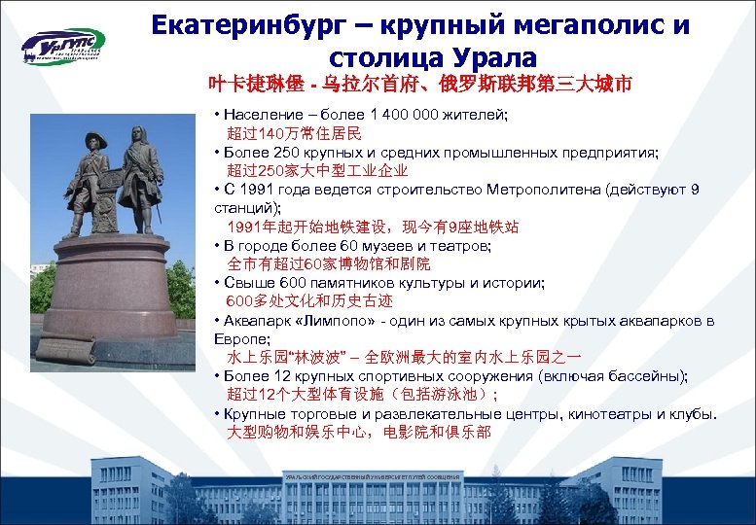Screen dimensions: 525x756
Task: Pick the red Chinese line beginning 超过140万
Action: click(294, 133)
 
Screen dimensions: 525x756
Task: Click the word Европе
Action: click(245, 338)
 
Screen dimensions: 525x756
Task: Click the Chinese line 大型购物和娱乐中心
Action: click(358, 432)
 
